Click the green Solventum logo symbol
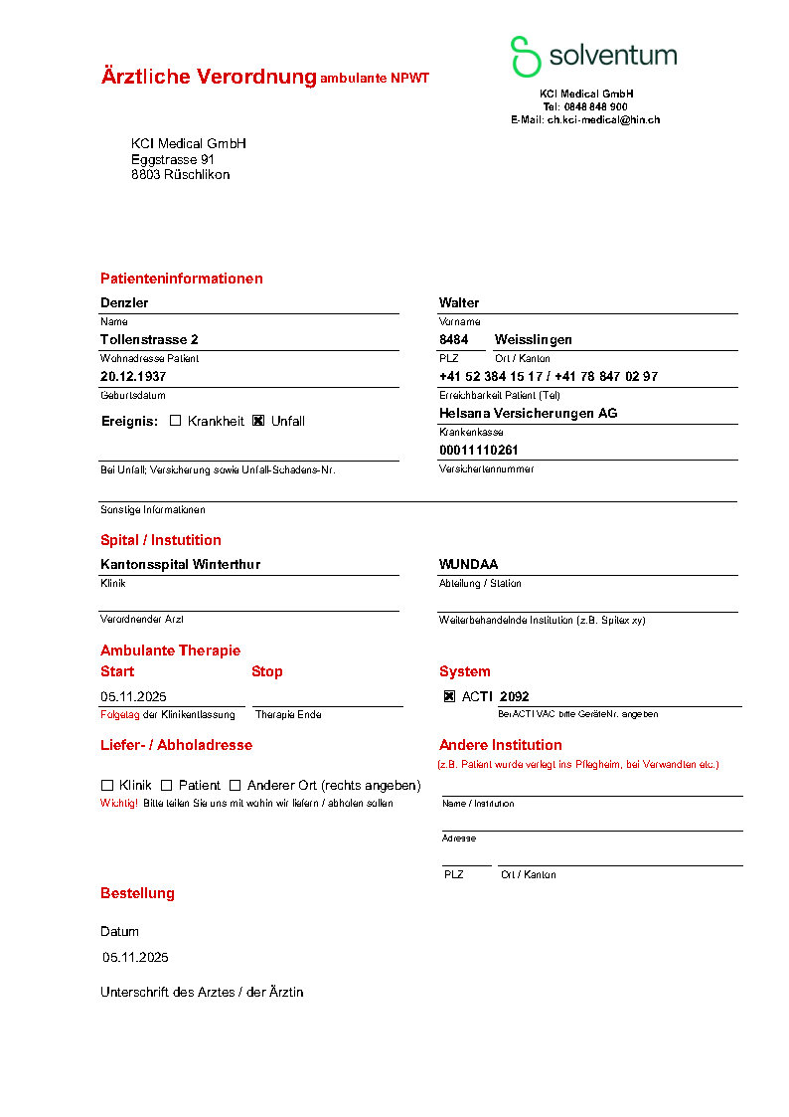[x=525, y=56]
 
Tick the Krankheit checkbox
[x=176, y=421]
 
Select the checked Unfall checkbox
[x=258, y=421]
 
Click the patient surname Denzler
[x=124, y=302]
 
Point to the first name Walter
[x=459, y=302]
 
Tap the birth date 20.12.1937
[x=133, y=377]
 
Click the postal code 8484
[x=454, y=339]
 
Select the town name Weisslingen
[x=534, y=339]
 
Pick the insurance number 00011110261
[x=479, y=450]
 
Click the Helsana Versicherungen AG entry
[x=528, y=413]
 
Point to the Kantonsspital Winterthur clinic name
[x=181, y=564]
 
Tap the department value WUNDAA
[x=469, y=564]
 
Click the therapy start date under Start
[x=133, y=696]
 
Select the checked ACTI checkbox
[x=449, y=696]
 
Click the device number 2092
[x=515, y=696]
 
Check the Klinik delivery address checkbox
[x=107, y=785]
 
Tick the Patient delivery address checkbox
[x=167, y=785]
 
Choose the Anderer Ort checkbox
[x=236, y=785]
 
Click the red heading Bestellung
[x=137, y=893]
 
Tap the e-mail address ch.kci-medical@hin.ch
[x=603, y=119]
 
